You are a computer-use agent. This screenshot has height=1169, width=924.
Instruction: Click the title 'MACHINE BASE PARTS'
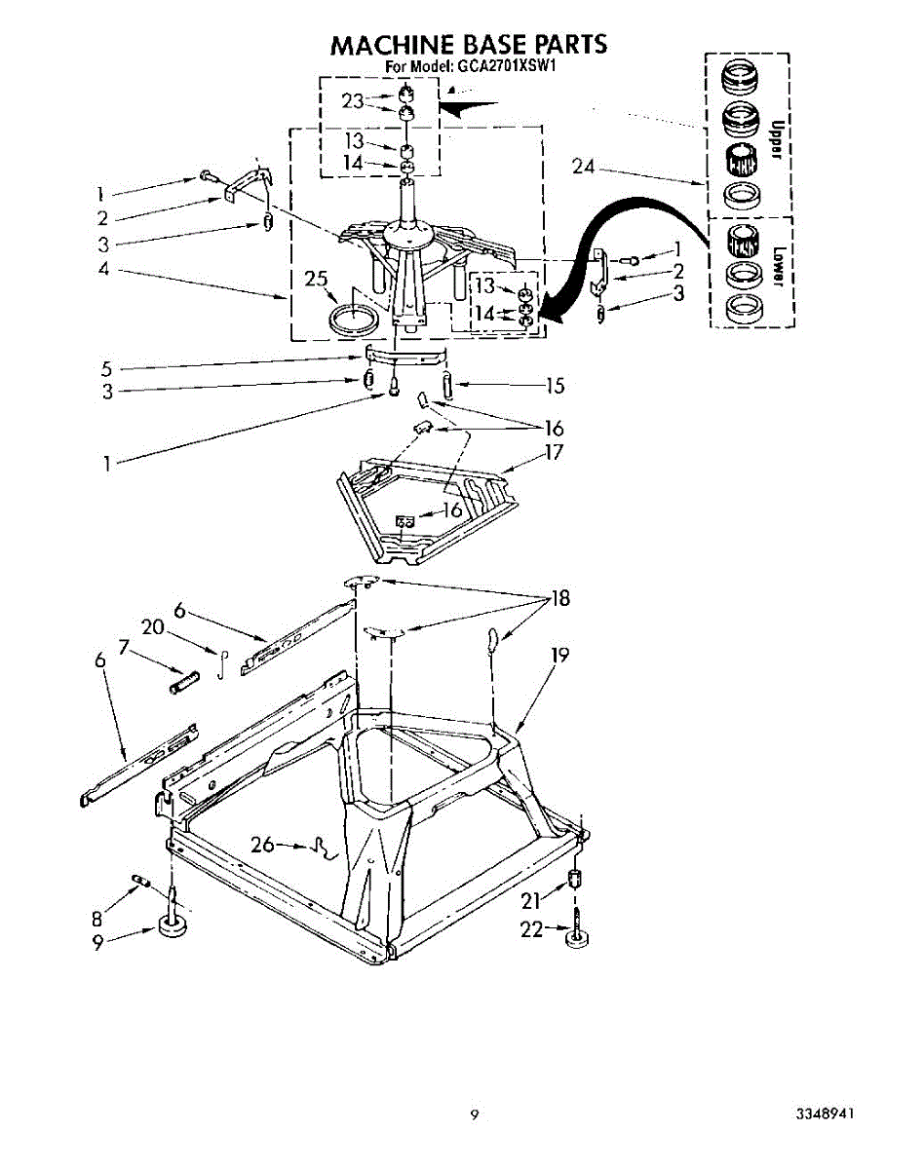(x=469, y=45)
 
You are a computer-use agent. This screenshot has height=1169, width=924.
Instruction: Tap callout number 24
(x=583, y=167)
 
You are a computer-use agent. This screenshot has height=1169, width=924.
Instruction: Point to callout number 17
(x=554, y=453)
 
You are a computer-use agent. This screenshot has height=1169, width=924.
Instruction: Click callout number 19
(x=558, y=655)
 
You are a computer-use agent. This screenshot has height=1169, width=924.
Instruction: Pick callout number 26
(x=262, y=844)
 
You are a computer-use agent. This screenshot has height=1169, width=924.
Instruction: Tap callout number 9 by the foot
(x=99, y=943)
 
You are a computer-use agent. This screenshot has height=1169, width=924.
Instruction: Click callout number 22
(x=530, y=930)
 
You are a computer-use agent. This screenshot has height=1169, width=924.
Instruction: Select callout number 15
(x=555, y=386)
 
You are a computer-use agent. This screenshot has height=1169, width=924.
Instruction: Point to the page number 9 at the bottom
(x=475, y=1115)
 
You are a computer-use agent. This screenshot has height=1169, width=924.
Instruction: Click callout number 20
(x=152, y=628)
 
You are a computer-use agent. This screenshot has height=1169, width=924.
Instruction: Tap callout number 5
(x=107, y=369)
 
